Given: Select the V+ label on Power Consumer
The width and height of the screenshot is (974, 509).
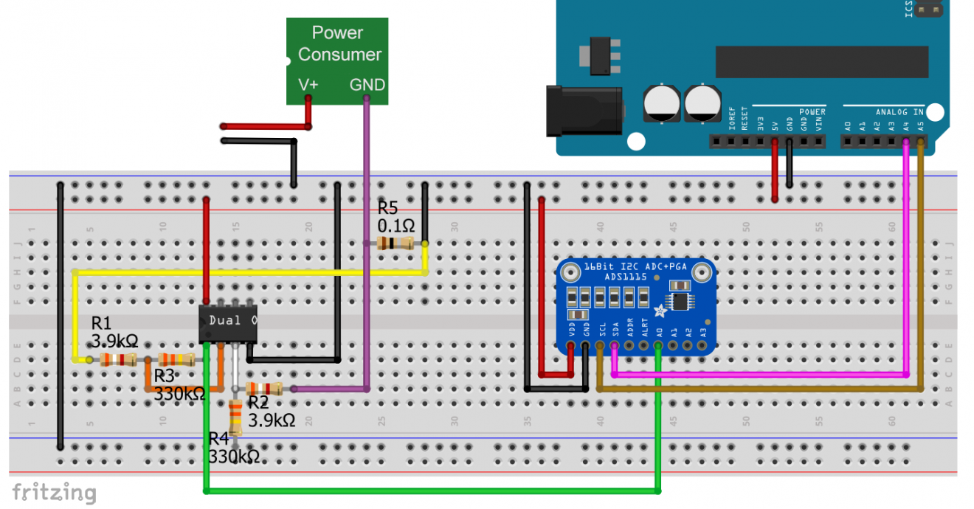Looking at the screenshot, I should [308, 85].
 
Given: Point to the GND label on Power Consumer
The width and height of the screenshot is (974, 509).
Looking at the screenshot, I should [367, 85].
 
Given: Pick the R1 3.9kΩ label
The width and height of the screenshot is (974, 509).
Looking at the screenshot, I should [114, 332].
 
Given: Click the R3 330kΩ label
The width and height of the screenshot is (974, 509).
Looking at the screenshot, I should [179, 386].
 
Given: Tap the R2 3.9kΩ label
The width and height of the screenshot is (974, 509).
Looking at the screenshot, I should [272, 412].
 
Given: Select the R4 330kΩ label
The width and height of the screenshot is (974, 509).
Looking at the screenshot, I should [234, 448].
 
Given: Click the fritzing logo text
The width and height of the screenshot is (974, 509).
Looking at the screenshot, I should [54, 492].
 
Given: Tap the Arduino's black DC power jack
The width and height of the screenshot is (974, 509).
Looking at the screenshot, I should [584, 111].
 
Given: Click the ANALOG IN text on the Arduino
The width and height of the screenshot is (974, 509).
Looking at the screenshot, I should [899, 112].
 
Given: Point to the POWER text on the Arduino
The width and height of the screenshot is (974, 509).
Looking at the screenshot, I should [812, 112].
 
